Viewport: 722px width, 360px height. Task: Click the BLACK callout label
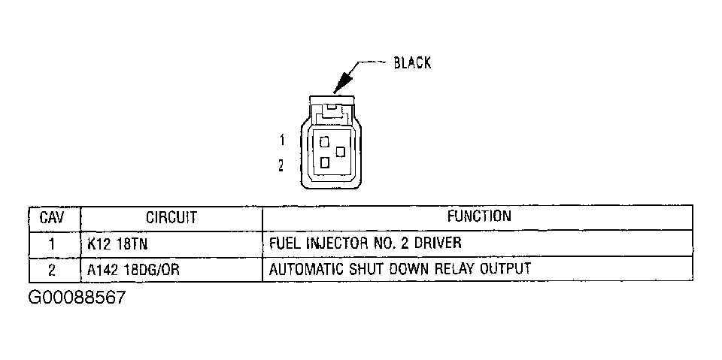point(412,62)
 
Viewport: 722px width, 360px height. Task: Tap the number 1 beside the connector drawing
point(282,140)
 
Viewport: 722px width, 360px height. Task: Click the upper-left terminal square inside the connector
point(324,141)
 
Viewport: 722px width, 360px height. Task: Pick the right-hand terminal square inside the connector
point(341,152)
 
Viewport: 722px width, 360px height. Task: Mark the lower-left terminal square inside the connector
point(324,162)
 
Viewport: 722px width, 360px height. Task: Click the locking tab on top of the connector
point(332,110)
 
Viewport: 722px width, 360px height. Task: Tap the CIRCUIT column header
point(171,218)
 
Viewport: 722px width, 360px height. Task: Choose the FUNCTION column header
point(478,217)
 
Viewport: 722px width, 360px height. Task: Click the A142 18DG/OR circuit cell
point(133,268)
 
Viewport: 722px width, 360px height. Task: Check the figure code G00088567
point(77,298)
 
